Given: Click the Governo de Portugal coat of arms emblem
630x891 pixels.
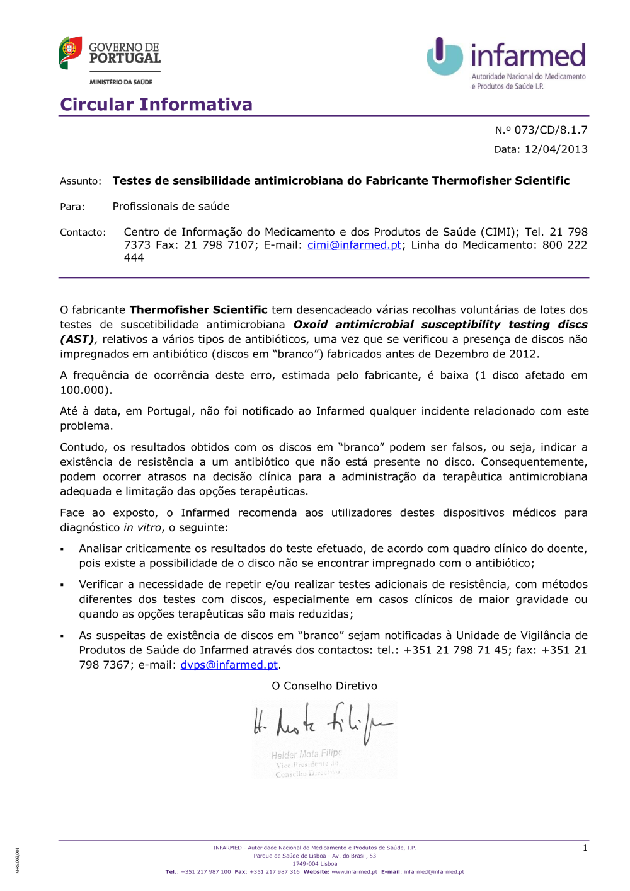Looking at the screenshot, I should pyautogui.click(x=70, y=52).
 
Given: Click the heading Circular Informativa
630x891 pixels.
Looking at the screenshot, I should pyautogui.click(x=156, y=104).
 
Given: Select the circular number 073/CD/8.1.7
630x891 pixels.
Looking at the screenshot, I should pyautogui.click(x=551, y=130).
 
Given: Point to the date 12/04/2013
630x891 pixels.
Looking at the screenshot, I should pyautogui.click(x=556, y=149).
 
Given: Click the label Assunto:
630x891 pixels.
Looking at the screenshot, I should pyautogui.click(x=81, y=181).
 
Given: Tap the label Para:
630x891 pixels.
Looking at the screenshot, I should pyautogui.click(x=72, y=207).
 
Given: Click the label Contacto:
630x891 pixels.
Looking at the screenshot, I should pyautogui.click(x=83, y=233).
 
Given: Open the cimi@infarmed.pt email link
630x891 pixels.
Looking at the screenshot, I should pyautogui.click(x=354, y=245).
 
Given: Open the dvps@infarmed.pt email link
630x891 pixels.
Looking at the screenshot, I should pyautogui.click(x=229, y=665).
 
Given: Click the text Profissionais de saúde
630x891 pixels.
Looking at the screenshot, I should pyautogui.click(x=171, y=207).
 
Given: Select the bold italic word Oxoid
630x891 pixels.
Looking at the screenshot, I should pyautogui.click(x=310, y=325).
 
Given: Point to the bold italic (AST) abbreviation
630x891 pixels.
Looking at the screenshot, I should pyautogui.click(x=77, y=340).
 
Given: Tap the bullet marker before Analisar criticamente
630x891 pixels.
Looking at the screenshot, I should pyautogui.click(x=62, y=549).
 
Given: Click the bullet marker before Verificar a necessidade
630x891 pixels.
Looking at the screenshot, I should pyautogui.click(x=62, y=585).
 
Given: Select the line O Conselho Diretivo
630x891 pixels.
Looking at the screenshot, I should pyautogui.click(x=324, y=686).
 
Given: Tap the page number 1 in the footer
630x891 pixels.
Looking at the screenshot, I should pyautogui.click(x=585, y=848).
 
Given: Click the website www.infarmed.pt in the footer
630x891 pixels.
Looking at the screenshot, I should pyautogui.click(x=354, y=872).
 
